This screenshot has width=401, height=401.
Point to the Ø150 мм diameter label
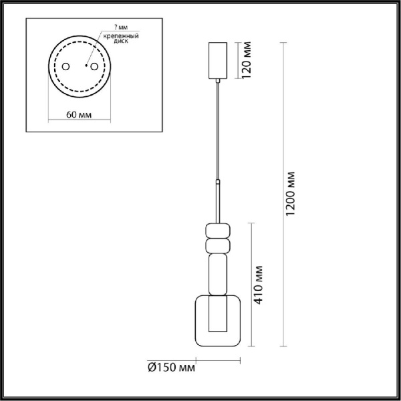(x=171, y=366)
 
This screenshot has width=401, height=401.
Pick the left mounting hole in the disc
(x=67, y=67)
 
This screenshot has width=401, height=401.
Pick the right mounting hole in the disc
(x=94, y=67)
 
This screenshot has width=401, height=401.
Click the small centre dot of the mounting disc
(x=86, y=66)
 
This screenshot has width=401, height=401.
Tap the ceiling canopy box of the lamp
(x=218, y=60)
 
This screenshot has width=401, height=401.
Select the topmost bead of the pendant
(x=217, y=230)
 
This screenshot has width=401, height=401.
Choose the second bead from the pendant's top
(x=217, y=247)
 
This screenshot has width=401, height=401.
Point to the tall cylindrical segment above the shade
(x=217, y=274)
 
